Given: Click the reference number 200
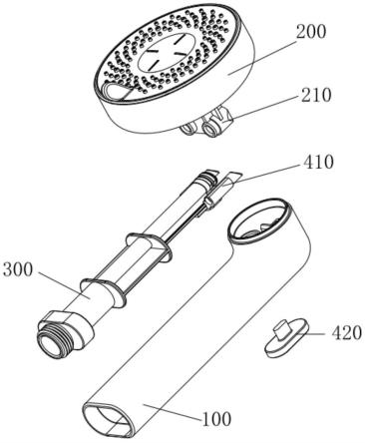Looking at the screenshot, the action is tap(311, 33).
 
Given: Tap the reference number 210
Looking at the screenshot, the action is tap(316, 95).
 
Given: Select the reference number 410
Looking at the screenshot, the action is tap(317, 163).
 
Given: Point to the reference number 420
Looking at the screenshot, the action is tap(346, 333).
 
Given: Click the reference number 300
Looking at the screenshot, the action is tap(18, 269).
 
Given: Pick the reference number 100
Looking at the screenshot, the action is tap(216, 419).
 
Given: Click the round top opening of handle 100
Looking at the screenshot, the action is tap(260, 221).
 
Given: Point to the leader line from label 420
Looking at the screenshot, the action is tap(315, 333).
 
